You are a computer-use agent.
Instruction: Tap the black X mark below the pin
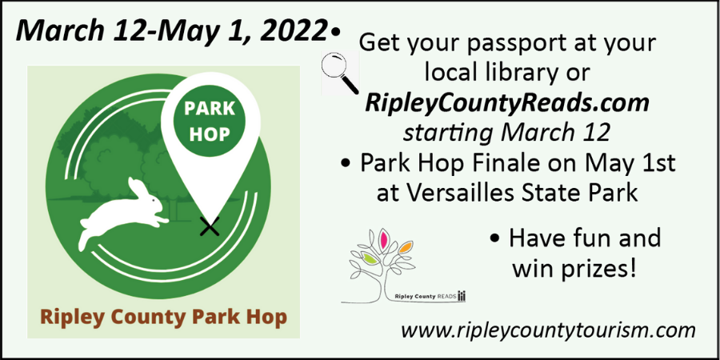click(210, 226)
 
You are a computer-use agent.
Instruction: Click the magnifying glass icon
click(340, 73)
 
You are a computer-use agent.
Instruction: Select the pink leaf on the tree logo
click(384, 238)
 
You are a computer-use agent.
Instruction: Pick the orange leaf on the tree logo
click(405, 249)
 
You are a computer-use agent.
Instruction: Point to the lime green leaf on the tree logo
click(370, 259)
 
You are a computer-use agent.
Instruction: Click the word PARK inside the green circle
click(210, 110)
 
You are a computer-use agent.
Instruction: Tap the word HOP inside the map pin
click(210, 135)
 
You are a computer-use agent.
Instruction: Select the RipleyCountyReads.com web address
click(506, 104)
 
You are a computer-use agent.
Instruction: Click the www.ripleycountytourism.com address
click(548, 330)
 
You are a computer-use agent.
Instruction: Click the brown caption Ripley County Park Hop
click(163, 317)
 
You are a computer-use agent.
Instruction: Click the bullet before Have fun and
click(494, 241)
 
